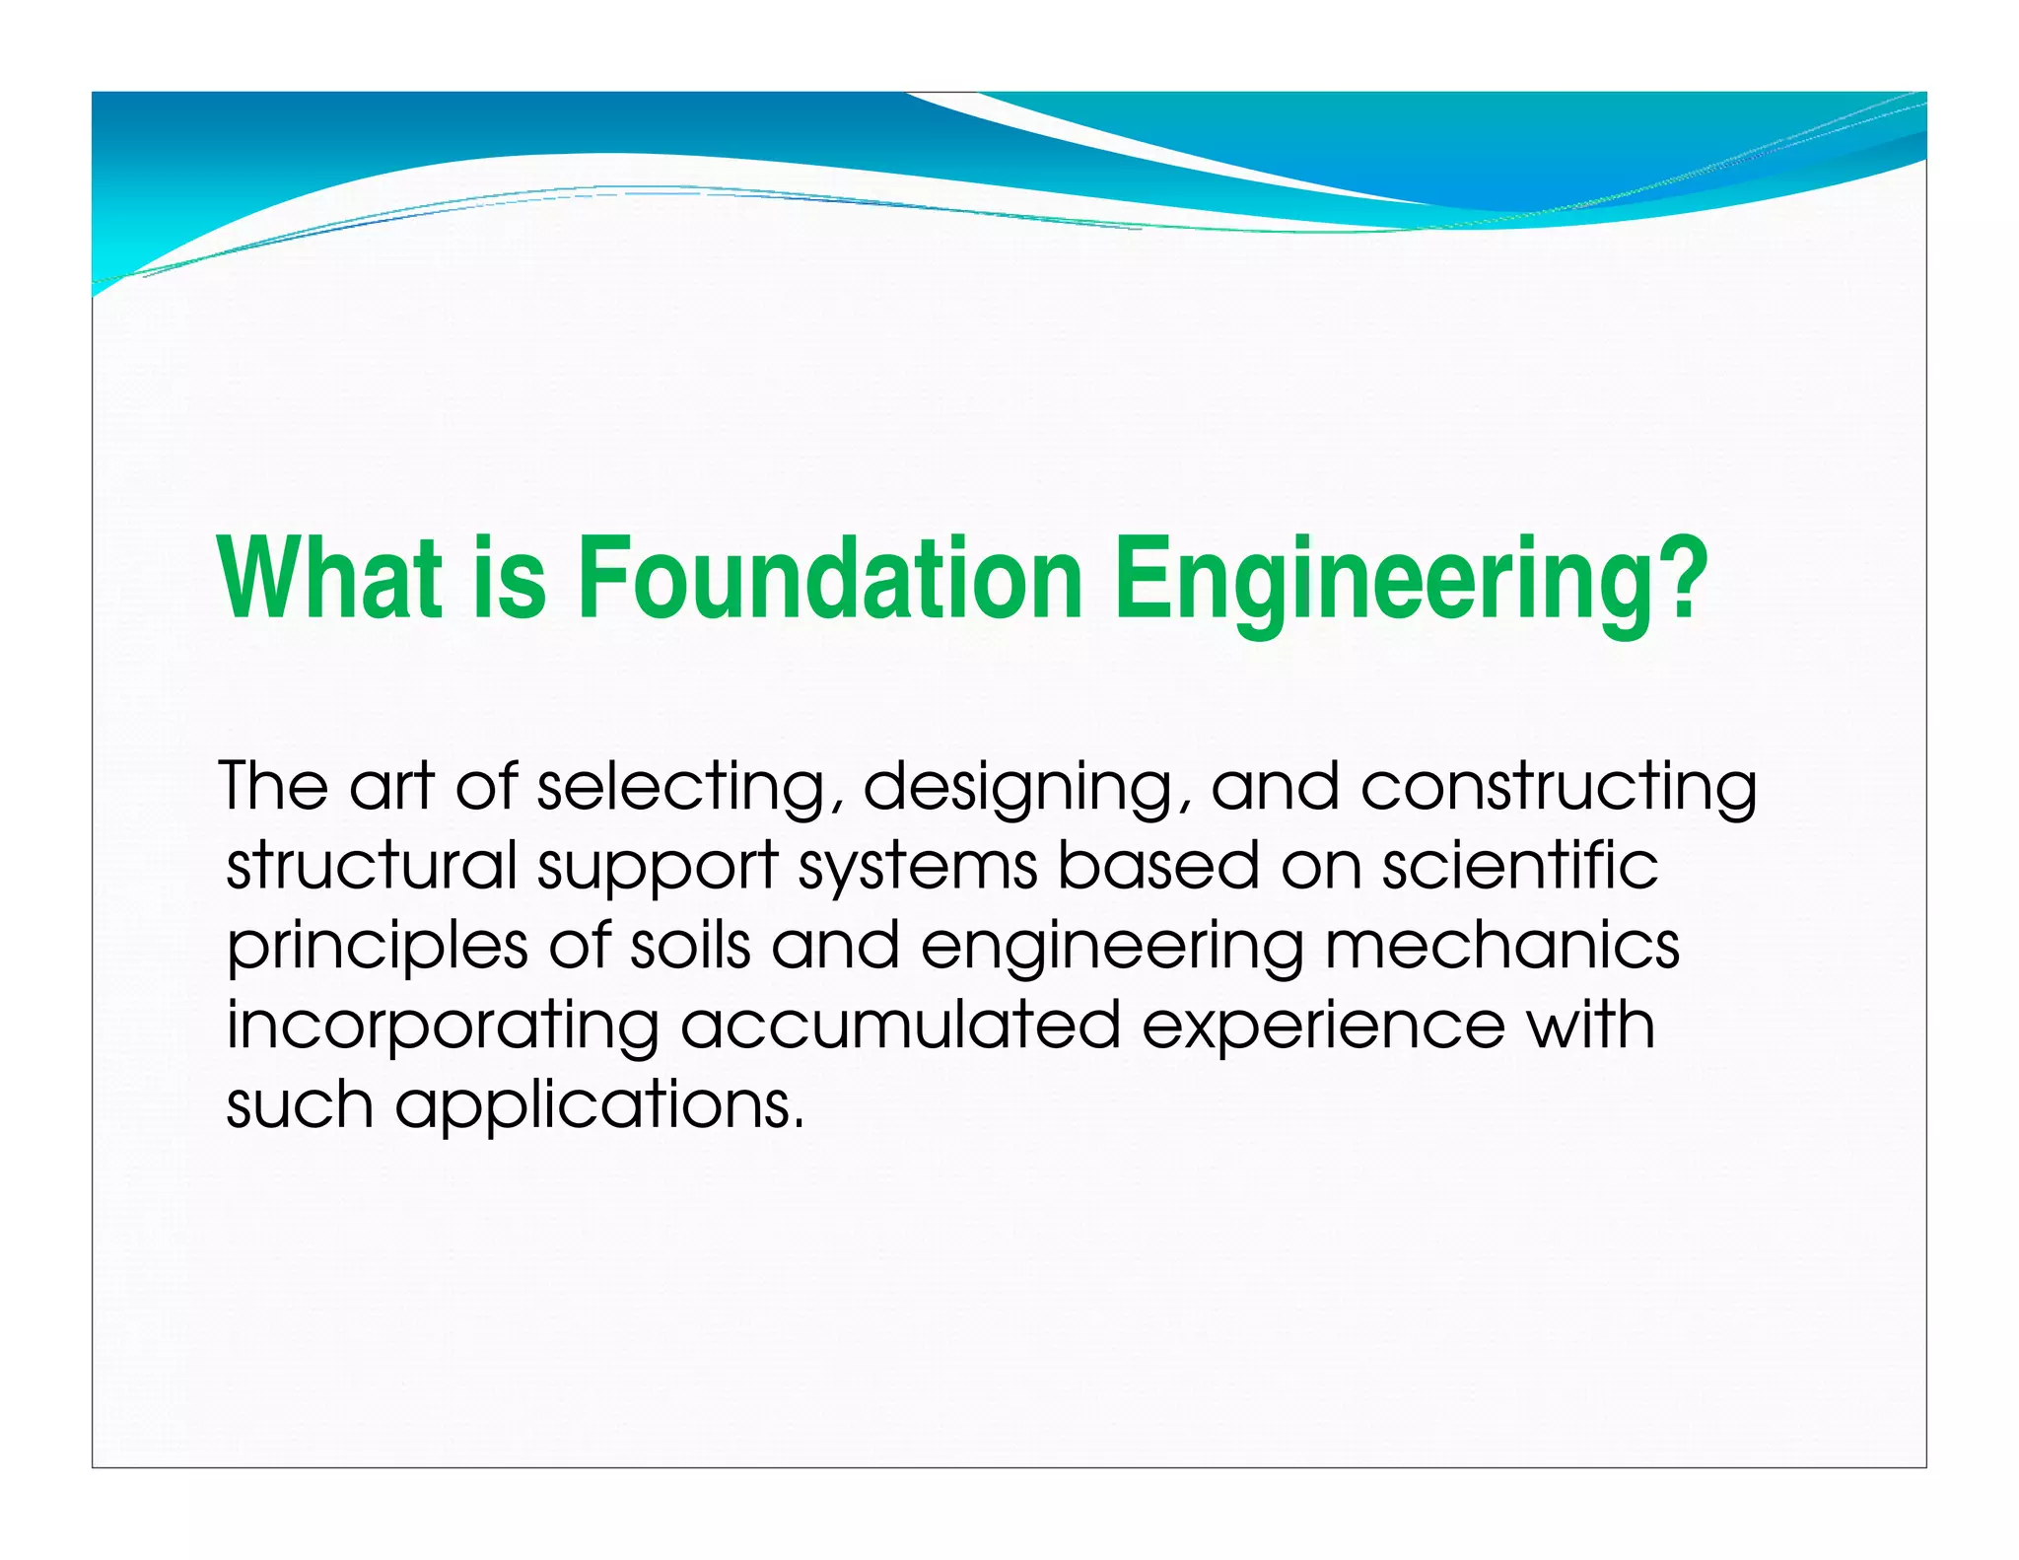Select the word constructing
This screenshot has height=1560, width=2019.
tap(1558, 789)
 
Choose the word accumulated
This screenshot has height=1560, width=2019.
tap(900, 1025)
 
